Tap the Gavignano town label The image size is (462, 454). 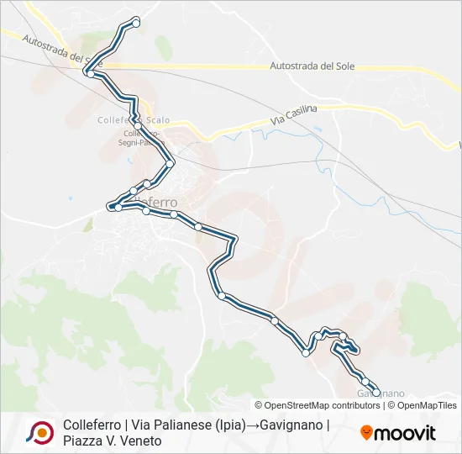pyautogui.click(x=381, y=393)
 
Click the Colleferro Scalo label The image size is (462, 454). pyautogui.click(x=126, y=119)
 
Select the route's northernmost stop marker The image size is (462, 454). pyautogui.click(x=136, y=22)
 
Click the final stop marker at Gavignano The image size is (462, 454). pyautogui.click(x=375, y=392)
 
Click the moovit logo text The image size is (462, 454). pyautogui.click(x=405, y=434)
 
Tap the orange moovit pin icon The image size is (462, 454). pyautogui.click(x=366, y=434)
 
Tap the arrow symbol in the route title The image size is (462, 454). pyautogui.click(x=252, y=425)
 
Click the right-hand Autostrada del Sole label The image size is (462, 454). pyautogui.click(x=314, y=66)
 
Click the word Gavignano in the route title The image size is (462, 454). pyautogui.click(x=292, y=425)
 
